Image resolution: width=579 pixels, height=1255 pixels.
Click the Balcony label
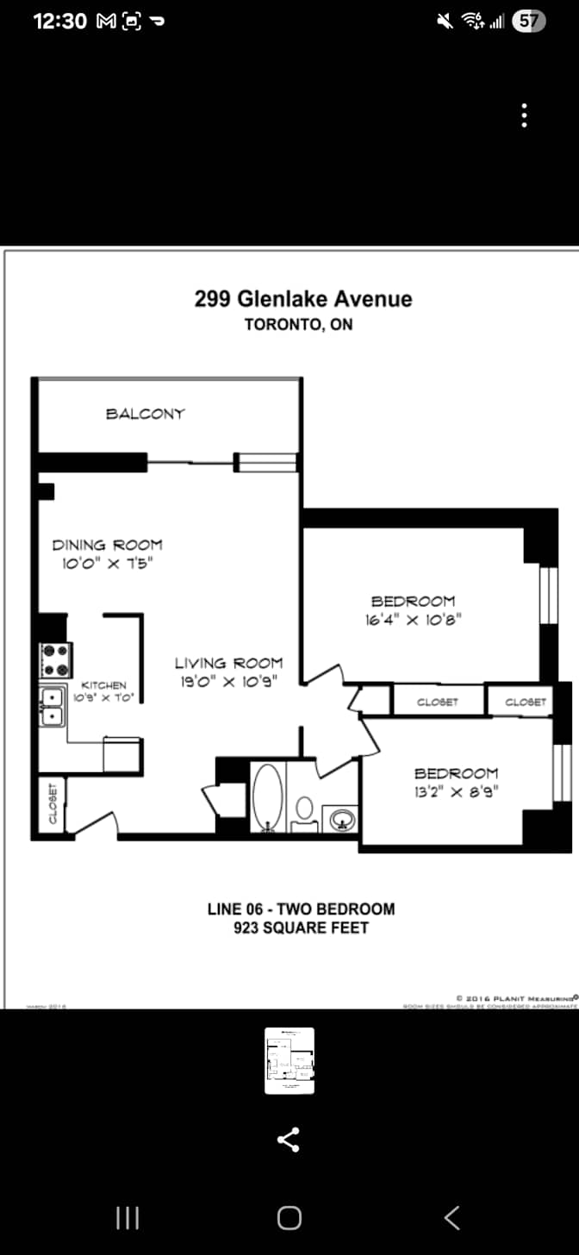click(x=145, y=414)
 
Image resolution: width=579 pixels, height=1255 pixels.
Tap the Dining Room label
click(x=107, y=545)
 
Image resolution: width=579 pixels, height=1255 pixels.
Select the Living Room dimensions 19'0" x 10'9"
click(x=228, y=682)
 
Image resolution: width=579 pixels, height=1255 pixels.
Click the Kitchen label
click(x=104, y=685)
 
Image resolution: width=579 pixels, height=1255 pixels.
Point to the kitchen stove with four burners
click(x=57, y=660)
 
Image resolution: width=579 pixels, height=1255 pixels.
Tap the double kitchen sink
click(x=52, y=705)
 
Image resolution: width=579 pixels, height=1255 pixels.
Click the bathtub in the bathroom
click(x=268, y=796)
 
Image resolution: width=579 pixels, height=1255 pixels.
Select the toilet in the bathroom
click(x=304, y=811)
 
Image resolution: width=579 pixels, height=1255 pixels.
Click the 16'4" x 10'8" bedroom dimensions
click(x=413, y=619)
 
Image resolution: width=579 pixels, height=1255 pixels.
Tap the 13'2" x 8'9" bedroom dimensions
click(x=456, y=790)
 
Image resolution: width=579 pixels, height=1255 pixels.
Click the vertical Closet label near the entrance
click(x=52, y=803)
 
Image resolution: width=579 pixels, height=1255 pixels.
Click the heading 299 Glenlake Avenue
click(x=303, y=299)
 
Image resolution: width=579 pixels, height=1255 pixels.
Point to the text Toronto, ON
click(x=298, y=325)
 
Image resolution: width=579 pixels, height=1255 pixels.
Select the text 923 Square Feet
click(x=301, y=927)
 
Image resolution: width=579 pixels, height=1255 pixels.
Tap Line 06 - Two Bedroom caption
click(x=301, y=908)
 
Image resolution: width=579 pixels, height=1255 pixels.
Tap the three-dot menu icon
click(x=524, y=116)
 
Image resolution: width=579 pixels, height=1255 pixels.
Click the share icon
click(x=289, y=1139)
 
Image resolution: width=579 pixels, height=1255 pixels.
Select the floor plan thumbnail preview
click(x=289, y=1060)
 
